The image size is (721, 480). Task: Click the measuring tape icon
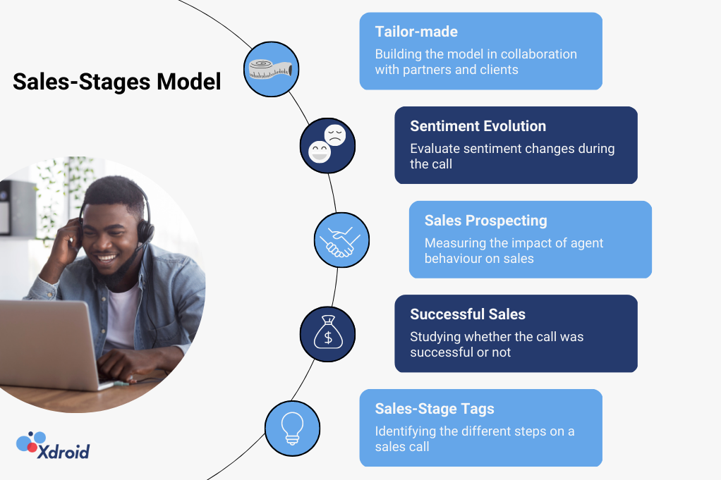[270, 70]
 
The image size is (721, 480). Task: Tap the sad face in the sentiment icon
[334, 135]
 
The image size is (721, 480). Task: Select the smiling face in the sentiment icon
[319, 152]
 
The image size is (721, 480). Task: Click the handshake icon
[341, 241]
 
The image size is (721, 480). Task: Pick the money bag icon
[328, 332]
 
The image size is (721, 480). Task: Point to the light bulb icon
[293, 428]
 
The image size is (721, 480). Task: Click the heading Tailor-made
[416, 32]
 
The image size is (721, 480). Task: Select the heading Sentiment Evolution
[478, 126]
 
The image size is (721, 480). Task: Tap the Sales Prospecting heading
[485, 221]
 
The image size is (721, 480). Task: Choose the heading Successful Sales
[468, 314]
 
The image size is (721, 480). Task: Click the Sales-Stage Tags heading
[435, 409]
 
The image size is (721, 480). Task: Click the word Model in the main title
[188, 82]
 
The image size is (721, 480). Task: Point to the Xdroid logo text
[63, 452]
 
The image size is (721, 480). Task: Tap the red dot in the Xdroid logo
[32, 446]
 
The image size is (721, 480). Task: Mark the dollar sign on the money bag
[328, 338]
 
